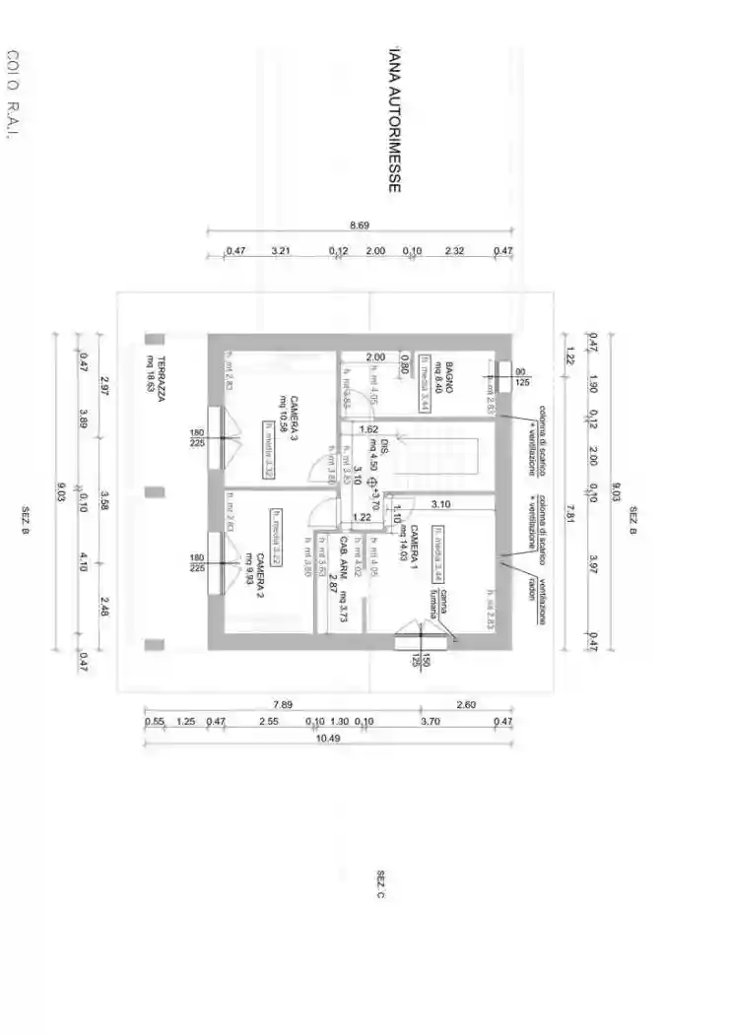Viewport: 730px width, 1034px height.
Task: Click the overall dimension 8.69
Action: (x=360, y=226)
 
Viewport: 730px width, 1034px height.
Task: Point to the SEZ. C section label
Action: (x=380, y=884)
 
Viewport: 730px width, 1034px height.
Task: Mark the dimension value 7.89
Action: (x=283, y=704)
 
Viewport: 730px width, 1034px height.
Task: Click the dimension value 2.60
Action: (x=467, y=704)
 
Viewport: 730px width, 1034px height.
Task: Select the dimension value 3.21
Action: (x=282, y=251)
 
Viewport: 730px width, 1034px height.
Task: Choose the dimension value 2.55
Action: (x=268, y=722)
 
